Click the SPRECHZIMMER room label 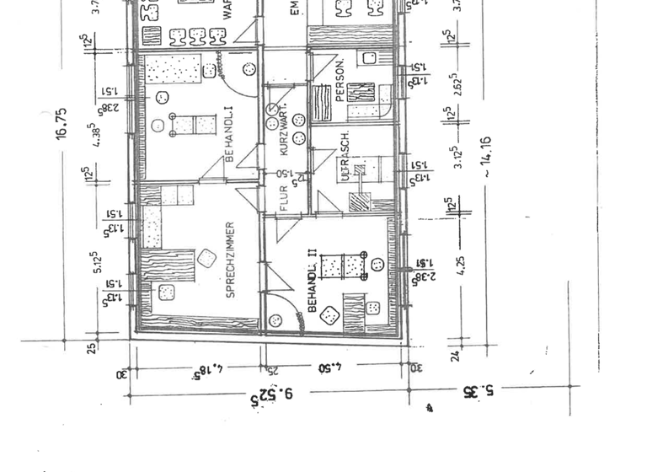[230, 260]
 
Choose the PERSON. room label [340, 82]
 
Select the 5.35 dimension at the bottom [479, 391]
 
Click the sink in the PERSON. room [369, 58]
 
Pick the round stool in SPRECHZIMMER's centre [206, 258]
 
